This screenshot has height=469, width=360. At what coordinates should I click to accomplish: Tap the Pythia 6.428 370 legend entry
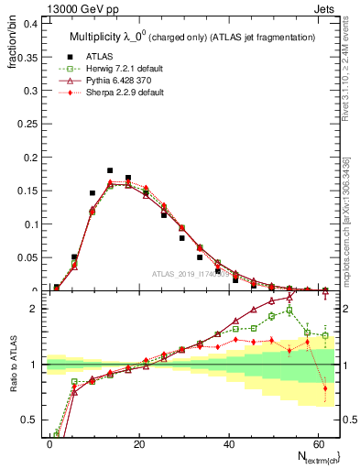click(109, 81)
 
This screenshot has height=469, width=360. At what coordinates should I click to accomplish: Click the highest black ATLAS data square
click(110, 170)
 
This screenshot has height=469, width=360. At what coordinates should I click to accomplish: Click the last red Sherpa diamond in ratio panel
click(325, 388)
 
